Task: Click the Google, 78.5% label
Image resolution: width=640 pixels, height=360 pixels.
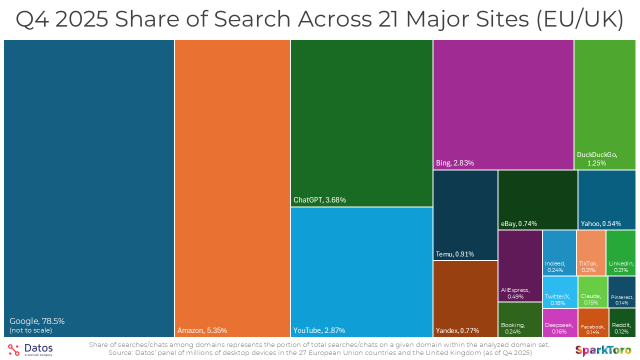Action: coord(37,321)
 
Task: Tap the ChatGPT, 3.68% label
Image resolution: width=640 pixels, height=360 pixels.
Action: coord(319,200)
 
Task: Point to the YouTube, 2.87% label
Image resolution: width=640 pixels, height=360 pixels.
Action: coord(319,330)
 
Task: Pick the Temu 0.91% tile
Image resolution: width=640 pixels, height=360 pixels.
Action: coord(465,215)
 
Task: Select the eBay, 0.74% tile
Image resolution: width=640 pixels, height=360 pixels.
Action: coord(537,199)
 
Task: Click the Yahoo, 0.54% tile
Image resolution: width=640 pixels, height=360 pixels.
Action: coord(606,199)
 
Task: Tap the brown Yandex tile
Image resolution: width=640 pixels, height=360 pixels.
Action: coord(465,299)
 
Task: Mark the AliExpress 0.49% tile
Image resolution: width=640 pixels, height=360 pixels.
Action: coord(520,266)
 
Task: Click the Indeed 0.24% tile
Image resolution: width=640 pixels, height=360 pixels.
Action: coord(559,253)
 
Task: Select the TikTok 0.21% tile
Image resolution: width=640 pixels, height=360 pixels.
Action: coord(591,253)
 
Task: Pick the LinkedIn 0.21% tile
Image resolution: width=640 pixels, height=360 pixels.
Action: coord(620,253)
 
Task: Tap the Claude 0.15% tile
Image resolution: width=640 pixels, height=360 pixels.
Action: coord(592,292)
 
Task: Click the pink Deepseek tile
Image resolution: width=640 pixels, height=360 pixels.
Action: coord(559,323)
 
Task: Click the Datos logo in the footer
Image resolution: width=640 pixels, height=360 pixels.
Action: coord(30,349)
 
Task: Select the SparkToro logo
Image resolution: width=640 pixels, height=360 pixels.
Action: coord(603,349)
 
